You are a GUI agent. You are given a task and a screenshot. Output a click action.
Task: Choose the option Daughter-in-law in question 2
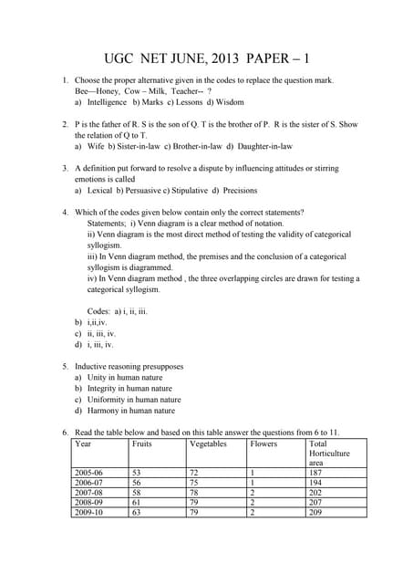[264, 146]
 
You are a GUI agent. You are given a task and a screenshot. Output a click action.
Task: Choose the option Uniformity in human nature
[133, 400]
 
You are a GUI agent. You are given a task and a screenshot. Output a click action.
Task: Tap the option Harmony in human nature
[131, 411]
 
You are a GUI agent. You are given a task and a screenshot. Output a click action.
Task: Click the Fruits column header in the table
[141, 443]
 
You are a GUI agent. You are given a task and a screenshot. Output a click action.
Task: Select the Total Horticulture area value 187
[315, 473]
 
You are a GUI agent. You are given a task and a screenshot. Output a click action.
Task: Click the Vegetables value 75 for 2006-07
[193, 483]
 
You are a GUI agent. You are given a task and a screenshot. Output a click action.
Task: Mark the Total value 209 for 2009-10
[315, 512]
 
